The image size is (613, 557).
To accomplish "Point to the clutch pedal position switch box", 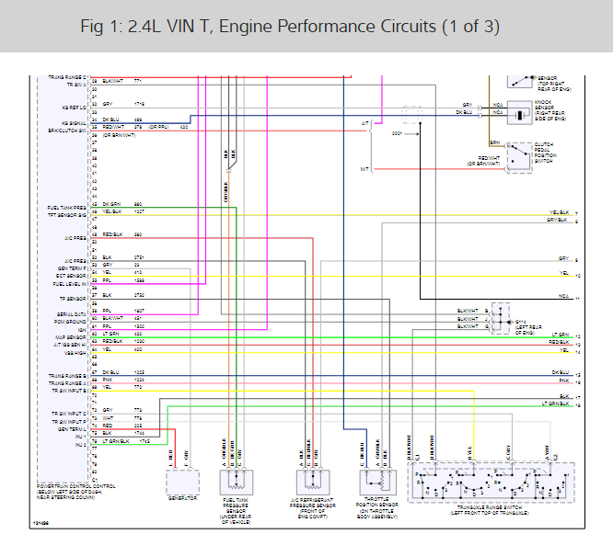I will [521, 156].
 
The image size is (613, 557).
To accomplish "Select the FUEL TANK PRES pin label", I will [67, 209].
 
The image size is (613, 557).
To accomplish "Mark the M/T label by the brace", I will [364, 169].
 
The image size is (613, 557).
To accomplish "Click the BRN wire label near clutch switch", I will [494, 143].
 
